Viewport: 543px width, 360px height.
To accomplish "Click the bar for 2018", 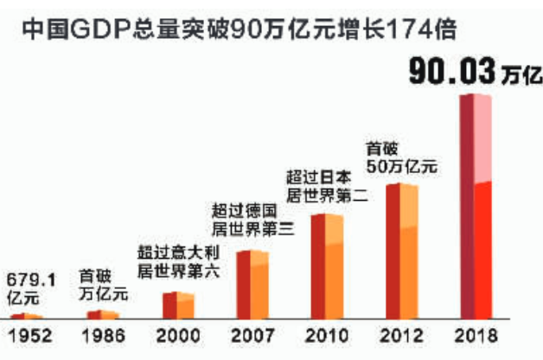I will pyautogui.click(x=475, y=208).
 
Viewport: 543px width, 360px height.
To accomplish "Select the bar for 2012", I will pyautogui.click(x=401, y=251).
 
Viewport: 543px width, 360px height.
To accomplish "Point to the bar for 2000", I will pyautogui.click(x=178, y=305).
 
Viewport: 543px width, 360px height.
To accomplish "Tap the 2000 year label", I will pyautogui.click(x=176, y=335).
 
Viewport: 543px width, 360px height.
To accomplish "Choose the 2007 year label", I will pyautogui.click(x=252, y=335).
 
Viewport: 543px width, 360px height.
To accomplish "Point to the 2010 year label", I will pyautogui.click(x=326, y=335).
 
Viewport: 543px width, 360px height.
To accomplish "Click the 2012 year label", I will pyautogui.click(x=400, y=335).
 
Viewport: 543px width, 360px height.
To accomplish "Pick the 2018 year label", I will pyautogui.click(x=475, y=335).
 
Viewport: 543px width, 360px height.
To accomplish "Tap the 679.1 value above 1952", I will pyautogui.click(x=30, y=280).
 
